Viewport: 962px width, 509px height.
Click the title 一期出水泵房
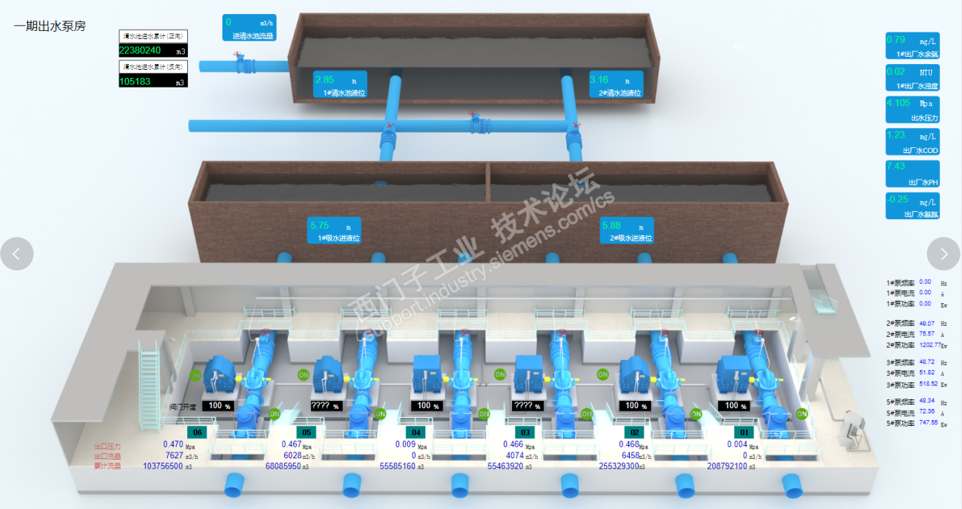49,26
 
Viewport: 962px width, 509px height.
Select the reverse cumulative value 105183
135,81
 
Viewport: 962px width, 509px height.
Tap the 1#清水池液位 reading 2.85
324,80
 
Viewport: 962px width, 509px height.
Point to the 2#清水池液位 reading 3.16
599,80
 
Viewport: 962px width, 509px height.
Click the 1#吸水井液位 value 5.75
319,226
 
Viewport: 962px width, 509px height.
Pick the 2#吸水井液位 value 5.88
611,226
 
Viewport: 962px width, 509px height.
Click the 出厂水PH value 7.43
896,166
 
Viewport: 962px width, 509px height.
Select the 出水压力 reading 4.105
899,103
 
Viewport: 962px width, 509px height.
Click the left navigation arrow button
17,254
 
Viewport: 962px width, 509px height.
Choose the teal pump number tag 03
525,433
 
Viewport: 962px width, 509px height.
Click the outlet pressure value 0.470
172,444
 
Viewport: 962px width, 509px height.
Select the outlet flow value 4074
515,455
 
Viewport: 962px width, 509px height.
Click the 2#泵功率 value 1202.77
926,345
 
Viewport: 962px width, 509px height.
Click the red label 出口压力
107,446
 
